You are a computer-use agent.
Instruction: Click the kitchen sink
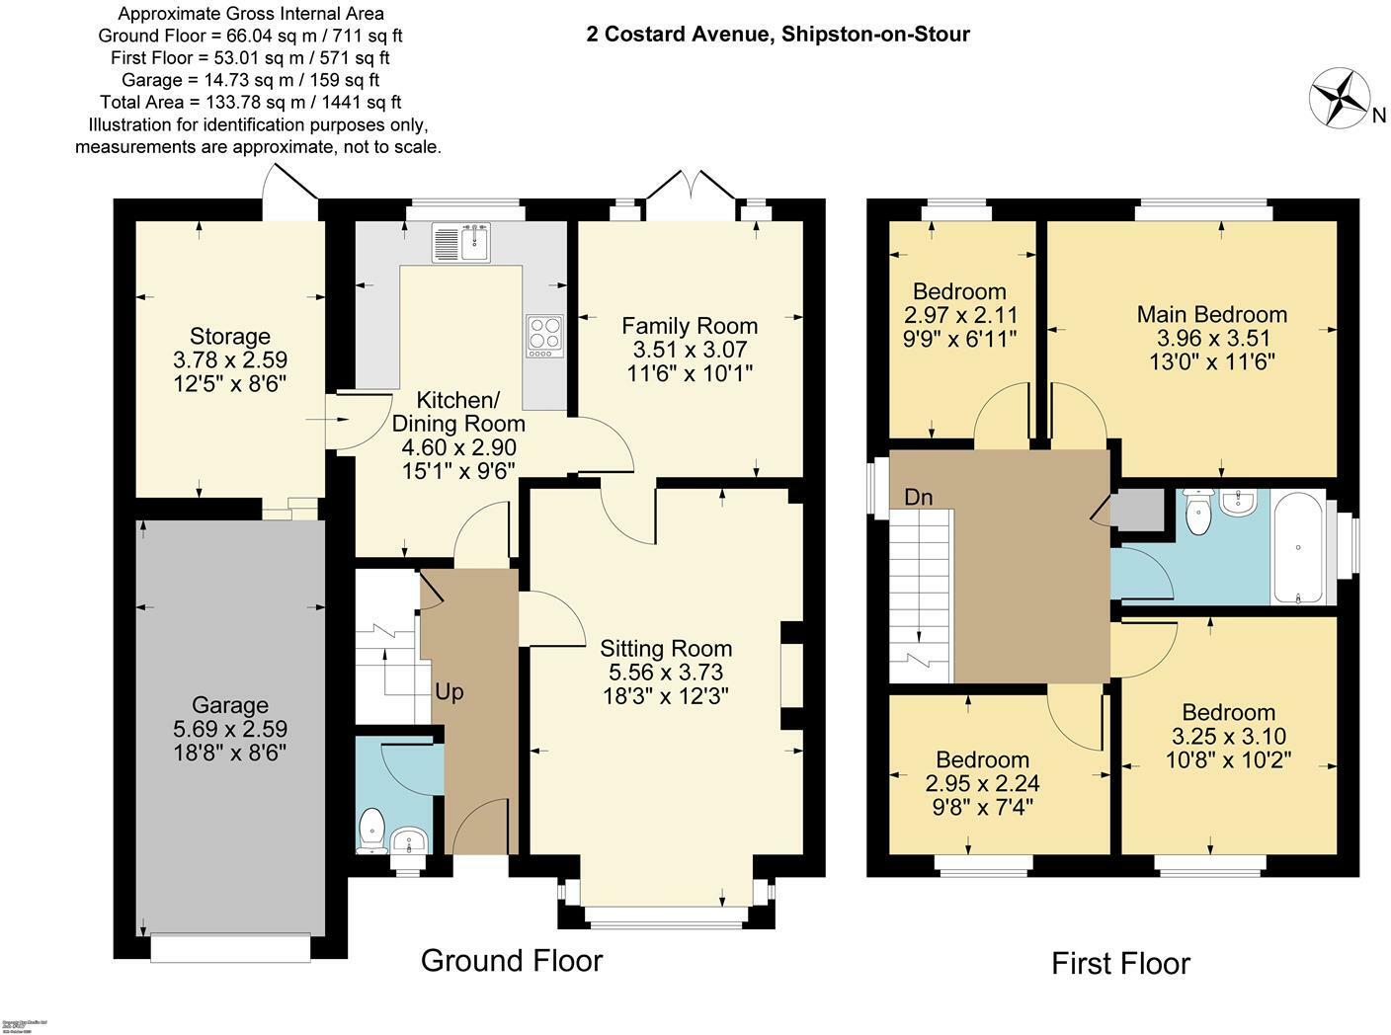pos(462,242)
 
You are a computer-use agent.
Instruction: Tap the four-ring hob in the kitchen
pos(544,335)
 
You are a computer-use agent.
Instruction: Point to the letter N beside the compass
pos(1378,116)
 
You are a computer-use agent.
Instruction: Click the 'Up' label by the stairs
pos(449,692)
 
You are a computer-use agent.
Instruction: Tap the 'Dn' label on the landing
pos(918,497)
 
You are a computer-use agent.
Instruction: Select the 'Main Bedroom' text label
pos(1211,314)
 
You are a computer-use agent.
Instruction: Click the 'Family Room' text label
pos(690,325)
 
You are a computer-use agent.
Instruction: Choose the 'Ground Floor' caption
pos(511,960)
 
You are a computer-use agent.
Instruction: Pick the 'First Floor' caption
pos(1120,963)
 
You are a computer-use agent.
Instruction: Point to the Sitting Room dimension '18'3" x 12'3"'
pos(666,696)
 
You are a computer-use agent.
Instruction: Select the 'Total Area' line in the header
pos(251,103)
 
